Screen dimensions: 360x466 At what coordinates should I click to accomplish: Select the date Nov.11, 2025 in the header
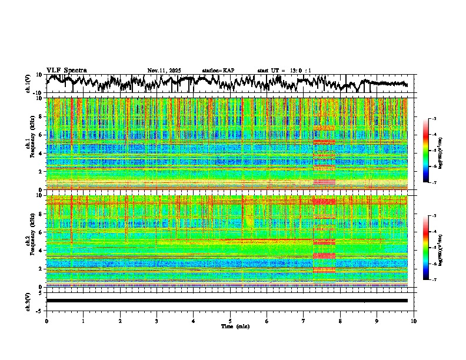164,71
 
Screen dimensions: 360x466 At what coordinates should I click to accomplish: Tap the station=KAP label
218,71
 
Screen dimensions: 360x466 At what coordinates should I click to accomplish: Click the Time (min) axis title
235,326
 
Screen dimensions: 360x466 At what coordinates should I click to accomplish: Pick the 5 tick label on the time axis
230,321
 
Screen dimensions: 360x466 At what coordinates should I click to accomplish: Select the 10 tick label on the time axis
414,321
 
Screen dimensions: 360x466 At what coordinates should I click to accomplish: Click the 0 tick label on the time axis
46,321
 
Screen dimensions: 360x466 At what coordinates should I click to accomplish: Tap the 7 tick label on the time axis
304,321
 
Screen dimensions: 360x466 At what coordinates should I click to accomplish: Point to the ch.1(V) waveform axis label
28,84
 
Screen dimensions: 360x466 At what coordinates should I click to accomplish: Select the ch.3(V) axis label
28,301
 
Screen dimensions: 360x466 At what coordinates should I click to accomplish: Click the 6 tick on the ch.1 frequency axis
41,135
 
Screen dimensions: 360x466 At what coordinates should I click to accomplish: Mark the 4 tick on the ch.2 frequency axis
41,251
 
